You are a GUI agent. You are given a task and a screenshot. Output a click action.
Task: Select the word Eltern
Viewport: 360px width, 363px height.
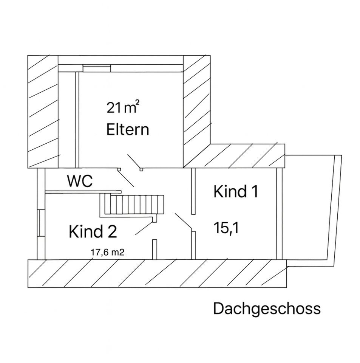[x=128, y=130]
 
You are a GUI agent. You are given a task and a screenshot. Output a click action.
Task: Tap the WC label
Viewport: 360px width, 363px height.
[x=80, y=181]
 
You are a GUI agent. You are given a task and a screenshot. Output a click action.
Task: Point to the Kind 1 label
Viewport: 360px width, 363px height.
[x=235, y=191]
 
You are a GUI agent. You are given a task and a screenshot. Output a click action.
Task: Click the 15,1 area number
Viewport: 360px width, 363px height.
[x=226, y=228]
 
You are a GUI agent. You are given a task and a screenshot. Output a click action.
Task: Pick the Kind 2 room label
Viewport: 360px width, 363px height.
[x=93, y=231]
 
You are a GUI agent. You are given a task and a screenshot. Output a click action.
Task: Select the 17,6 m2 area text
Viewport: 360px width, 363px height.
[x=108, y=252]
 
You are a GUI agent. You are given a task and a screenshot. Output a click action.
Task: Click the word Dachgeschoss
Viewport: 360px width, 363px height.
[x=267, y=309]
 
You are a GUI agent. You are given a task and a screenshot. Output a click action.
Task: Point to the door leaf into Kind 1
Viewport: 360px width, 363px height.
[x=184, y=222]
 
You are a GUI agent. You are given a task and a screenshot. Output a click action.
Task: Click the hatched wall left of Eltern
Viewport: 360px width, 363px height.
[x=43, y=112]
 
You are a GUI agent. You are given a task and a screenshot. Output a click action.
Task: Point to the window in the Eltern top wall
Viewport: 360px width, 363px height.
[x=97, y=68]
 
